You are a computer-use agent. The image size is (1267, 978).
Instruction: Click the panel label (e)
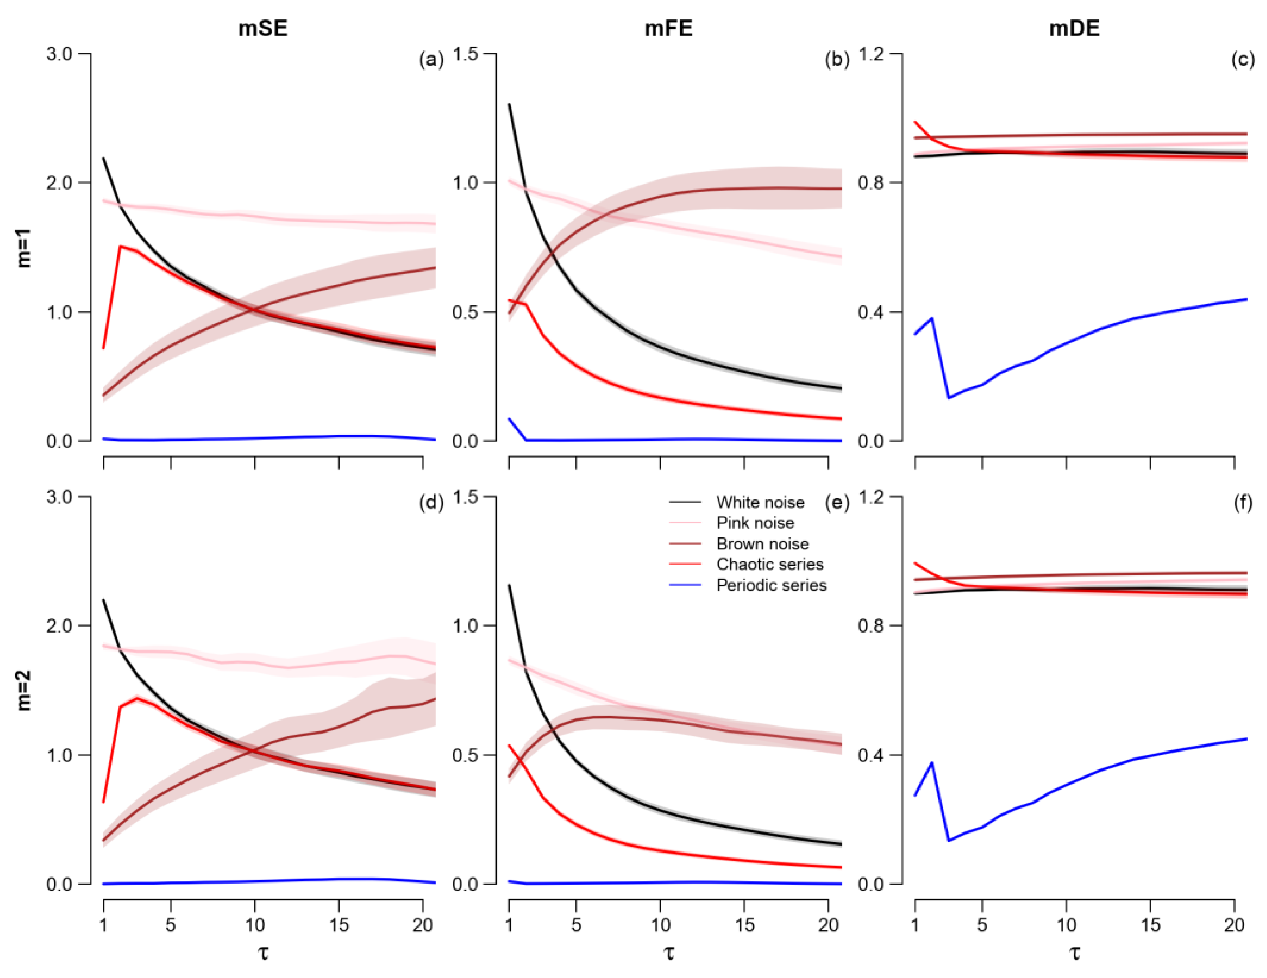point(837,502)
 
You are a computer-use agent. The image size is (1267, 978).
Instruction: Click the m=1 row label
point(24,248)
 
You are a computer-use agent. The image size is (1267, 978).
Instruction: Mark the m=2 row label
point(24,691)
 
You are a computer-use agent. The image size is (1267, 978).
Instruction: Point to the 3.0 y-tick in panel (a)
point(59,54)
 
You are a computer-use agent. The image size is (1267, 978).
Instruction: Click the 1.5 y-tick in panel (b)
point(465,54)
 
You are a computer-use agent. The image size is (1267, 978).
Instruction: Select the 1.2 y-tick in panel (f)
point(871,497)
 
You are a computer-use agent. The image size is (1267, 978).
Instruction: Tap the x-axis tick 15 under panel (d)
point(339,924)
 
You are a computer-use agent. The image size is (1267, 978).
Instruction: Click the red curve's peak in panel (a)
point(120,247)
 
